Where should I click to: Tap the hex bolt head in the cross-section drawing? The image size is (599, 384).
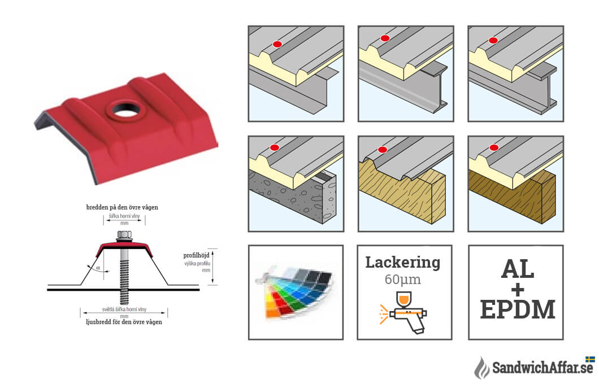pos(124,234)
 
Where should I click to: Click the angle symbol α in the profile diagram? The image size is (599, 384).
pos(98,268)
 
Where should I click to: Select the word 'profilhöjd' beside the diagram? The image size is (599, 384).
pos(196,255)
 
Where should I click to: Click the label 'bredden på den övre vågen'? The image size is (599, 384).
pos(122,207)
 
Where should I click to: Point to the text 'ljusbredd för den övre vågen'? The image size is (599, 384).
pos(124,322)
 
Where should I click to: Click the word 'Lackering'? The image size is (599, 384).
pos(403,262)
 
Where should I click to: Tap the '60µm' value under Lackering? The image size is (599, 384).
pos(403,280)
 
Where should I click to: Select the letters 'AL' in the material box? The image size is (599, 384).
pos(517,269)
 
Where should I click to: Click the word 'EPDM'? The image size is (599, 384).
pos(517,309)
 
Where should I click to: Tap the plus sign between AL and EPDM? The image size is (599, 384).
pos(518,290)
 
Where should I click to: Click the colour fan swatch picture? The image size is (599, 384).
pos(295,292)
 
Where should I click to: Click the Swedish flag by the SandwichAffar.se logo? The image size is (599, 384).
pos(590,360)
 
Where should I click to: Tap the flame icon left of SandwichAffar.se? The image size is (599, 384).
pos(481,368)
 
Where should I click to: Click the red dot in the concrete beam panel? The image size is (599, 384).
pos(274,148)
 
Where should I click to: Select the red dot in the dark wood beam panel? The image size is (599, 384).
pos(494,148)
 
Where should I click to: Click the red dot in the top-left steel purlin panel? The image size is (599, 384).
pos(277,44)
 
